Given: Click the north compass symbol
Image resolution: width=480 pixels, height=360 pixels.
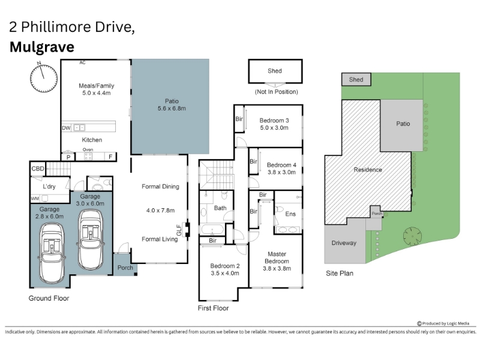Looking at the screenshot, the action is tap(44, 78).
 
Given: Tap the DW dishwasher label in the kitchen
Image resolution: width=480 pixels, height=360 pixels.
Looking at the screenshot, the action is tap(66, 128).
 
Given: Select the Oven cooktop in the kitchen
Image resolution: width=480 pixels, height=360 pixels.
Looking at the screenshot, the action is tap(88, 157).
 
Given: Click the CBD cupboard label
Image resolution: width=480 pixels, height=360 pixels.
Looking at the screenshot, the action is tap(38, 169).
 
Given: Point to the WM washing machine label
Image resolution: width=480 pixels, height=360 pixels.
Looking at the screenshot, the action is tap(35, 199).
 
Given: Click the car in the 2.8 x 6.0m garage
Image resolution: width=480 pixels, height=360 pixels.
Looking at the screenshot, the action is tap(52, 253).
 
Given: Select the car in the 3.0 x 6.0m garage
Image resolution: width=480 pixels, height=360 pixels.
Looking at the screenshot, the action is tap(91, 239).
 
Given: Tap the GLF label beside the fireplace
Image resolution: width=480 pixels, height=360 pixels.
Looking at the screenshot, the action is tap(179, 230).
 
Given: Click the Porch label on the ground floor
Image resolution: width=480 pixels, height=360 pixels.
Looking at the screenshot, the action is tap(125, 268).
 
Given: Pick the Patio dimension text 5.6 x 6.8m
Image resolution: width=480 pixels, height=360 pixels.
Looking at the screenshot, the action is tap(172, 109).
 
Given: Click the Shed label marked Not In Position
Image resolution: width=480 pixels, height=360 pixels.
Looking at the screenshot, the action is tap(275, 71).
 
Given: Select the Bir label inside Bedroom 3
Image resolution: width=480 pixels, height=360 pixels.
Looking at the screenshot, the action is tap(239, 119).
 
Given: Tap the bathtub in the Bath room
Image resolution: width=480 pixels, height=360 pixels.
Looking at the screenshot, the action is tap(212, 229).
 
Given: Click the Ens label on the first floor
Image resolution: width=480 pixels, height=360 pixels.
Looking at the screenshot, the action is tap(290, 214).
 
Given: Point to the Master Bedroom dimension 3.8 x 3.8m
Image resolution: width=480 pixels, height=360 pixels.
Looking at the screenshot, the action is tap(277, 268).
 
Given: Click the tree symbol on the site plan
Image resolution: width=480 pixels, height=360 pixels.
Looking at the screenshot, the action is tap(412, 236).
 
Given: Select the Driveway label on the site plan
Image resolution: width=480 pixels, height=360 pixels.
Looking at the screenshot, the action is tap(344, 243).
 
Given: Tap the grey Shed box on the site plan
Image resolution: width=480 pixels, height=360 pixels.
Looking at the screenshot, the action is tap(356, 80).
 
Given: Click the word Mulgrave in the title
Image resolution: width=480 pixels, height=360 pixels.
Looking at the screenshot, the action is tap(42, 47).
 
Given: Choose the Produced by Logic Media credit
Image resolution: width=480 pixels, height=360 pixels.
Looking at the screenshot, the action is tap(443, 323).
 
